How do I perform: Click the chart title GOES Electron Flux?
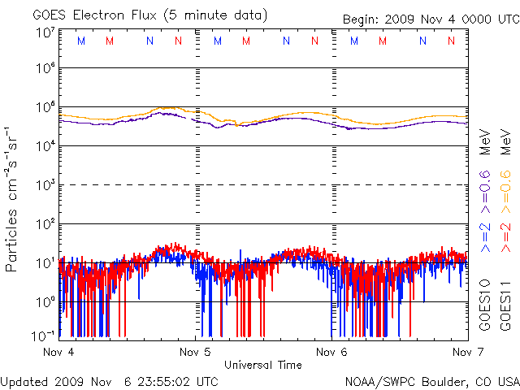[x=94, y=15]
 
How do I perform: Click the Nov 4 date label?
[x=58, y=352]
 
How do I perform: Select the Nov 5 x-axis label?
[x=195, y=352]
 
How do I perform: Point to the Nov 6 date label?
[x=331, y=352]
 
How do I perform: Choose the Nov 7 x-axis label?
[x=468, y=352]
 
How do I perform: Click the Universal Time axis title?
[x=263, y=365]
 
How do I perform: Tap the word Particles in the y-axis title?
[x=11, y=240]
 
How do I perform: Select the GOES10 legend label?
[x=485, y=305]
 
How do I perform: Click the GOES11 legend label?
[x=505, y=305]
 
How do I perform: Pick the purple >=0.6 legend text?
[x=485, y=192]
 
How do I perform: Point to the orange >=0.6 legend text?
[x=505, y=192]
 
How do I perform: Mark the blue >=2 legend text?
[x=485, y=237]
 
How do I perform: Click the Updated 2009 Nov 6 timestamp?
[x=109, y=382]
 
